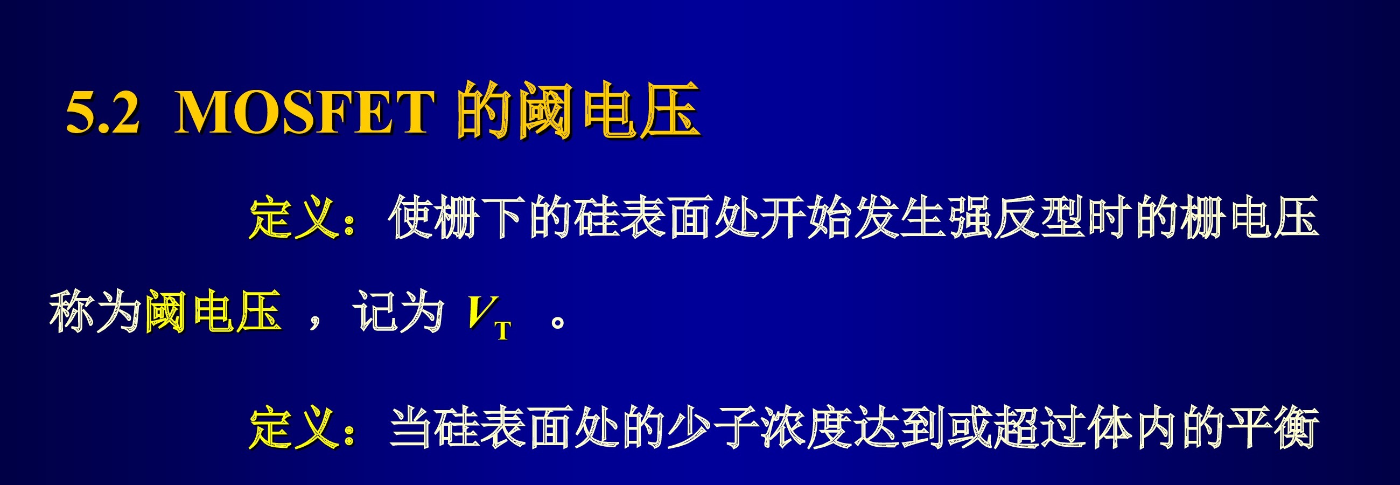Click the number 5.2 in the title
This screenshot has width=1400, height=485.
click(103, 112)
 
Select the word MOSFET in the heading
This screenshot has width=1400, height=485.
click(304, 112)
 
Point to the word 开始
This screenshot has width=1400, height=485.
click(807, 218)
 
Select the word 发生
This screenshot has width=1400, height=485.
click(900, 218)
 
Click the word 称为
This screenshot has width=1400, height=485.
click(95, 312)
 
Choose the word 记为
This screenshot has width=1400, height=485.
click(398, 312)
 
